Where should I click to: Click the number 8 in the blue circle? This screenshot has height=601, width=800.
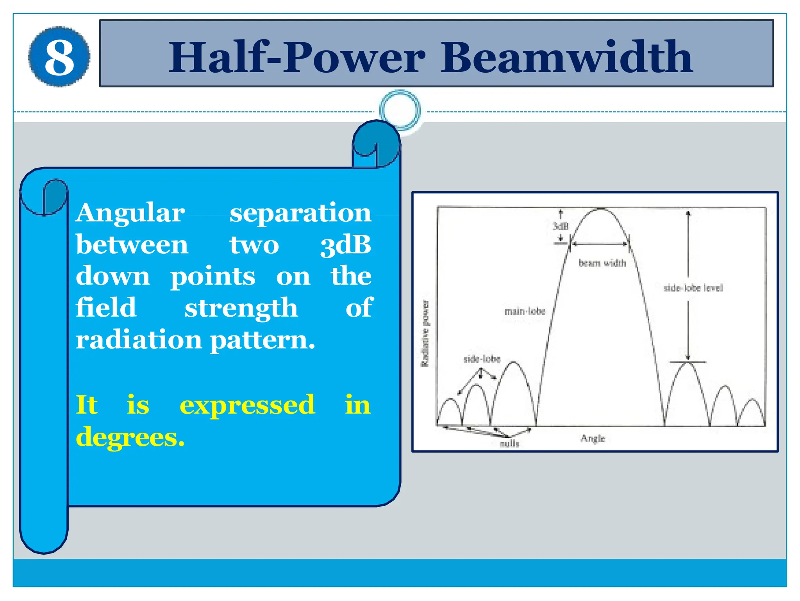coord(59,57)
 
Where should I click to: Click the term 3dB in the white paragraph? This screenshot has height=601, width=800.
coord(346,245)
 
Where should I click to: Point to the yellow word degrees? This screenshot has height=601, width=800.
coord(130,437)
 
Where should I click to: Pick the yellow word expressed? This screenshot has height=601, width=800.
coord(247,405)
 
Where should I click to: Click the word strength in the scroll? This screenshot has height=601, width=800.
coord(241,308)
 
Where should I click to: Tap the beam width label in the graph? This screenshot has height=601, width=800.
coord(602,263)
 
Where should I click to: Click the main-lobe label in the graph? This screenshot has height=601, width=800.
coord(525,311)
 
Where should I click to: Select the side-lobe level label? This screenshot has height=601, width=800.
coord(693,288)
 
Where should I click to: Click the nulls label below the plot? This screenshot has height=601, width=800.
coord(509,444)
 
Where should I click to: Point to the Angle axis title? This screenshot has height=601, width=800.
coord(593,438)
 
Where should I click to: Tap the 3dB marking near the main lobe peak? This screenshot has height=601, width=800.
coord(561,226)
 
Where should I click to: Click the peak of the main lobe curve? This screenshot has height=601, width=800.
coord(600,209)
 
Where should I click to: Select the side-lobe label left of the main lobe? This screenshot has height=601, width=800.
coord(482,359)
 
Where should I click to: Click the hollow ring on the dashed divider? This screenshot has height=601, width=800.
coord(400,110)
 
